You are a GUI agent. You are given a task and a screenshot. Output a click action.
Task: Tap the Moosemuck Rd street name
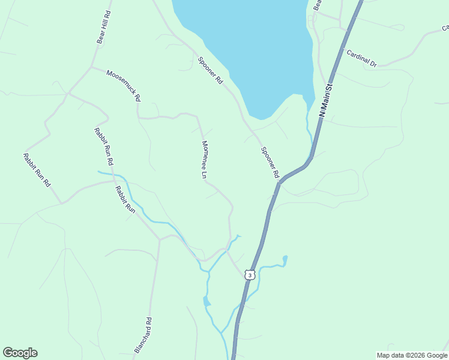click(x=123, y=85)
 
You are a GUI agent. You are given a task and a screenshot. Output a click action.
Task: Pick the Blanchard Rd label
click(x=143, y=334)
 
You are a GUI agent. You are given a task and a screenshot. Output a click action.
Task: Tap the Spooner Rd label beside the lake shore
click(x=211, y=70)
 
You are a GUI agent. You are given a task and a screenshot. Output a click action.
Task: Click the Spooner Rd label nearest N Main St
click(x=270, y=162)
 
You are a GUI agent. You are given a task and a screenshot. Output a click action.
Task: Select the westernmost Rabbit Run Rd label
click(x=37, y=170)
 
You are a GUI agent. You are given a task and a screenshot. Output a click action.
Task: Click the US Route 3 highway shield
click(x=250, y=275)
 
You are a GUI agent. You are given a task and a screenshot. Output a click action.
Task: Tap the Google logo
click(x=20, y=353)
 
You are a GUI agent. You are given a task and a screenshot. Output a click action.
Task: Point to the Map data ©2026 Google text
click(x=412, y=355)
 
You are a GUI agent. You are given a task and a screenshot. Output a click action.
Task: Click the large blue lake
click(x=246, y=42)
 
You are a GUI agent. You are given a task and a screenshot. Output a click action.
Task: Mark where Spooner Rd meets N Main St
click(x=280, y=181)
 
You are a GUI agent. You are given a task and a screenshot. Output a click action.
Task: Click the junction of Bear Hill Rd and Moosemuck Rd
click(x=91, y=67)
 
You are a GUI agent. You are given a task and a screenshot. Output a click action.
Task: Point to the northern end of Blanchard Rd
click(x=160, y=239)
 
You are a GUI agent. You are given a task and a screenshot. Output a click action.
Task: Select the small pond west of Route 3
click(x=206, y=301)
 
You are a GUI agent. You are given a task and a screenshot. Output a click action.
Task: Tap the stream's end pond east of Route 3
click(x=285, y=259)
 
